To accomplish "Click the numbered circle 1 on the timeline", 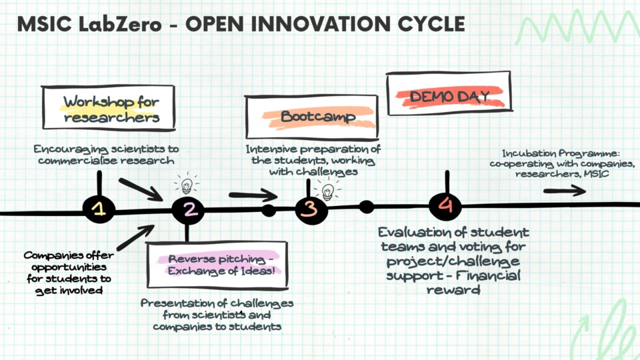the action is click(99, 209).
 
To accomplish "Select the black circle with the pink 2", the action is click(188, 209).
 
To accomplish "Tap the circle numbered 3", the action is click(311, 210).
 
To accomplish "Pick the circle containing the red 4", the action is click(445, 205).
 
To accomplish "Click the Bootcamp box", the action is click(311, 117).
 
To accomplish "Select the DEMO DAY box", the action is click(449, 93).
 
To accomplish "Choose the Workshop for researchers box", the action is click(109, 108).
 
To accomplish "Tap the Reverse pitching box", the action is click(217, 265).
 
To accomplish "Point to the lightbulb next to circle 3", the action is click(328, 191).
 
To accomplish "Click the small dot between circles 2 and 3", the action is click(269, 211).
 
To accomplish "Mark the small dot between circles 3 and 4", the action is click(366, 207).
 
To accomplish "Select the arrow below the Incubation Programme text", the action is click(565, 191).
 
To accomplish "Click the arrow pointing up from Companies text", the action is click(135, 237).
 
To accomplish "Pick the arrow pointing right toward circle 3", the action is click(253, 195).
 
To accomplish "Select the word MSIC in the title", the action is click(44, 24).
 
